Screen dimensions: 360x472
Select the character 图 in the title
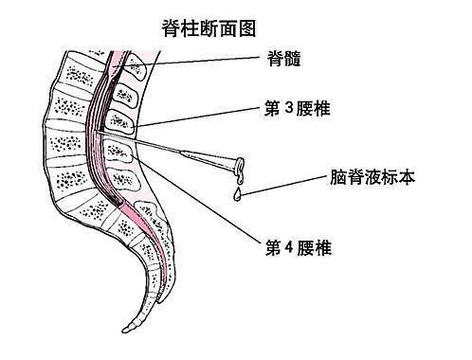(x=246, y=27)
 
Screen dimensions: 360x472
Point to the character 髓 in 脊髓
(x=297, y=59)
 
